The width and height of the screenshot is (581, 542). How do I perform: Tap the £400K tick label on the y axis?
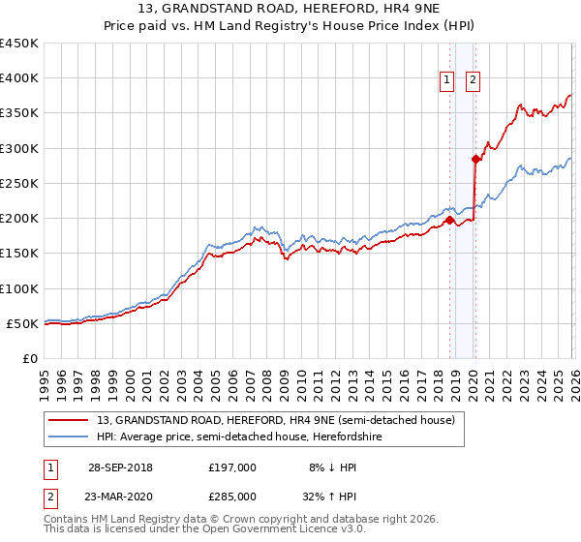pos(18,78)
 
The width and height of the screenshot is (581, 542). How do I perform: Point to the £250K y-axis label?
pos(18,183)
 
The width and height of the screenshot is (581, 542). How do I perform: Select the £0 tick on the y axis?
pos(30,358)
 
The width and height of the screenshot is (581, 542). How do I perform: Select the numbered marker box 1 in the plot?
pos(448,81)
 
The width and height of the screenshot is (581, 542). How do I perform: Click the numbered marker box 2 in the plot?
pos(474,81)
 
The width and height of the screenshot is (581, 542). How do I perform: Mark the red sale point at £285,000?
pos(475,159)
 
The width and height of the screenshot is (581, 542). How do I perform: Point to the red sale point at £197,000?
pos(450,221)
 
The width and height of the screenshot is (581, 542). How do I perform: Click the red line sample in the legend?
pos(70,420)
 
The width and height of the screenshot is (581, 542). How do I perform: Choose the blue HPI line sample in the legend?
pos(70,437)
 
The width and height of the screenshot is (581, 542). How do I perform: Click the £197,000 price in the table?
pos(232,467)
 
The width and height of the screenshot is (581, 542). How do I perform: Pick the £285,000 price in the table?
pos(232,496)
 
